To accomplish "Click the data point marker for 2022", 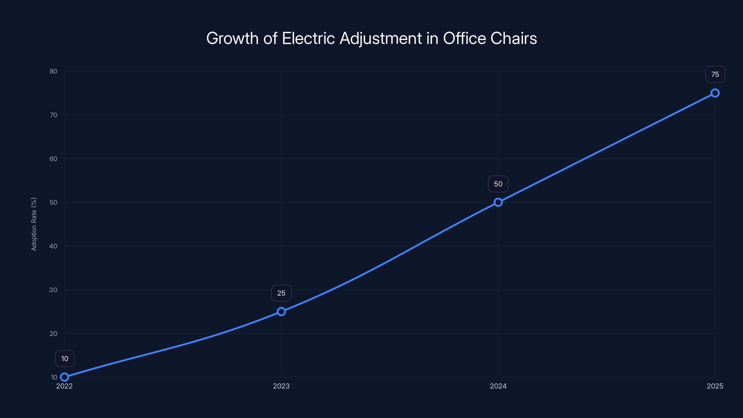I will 65,377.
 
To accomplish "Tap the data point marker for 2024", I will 498,202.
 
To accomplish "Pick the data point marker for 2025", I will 715,93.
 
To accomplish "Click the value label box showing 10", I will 65,359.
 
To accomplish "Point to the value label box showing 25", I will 281,293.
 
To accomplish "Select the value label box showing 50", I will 498,184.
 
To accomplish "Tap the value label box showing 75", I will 715,74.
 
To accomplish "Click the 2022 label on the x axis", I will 65,386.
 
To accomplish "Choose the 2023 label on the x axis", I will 281,386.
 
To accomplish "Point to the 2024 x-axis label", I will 498,386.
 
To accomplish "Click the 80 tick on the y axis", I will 53,71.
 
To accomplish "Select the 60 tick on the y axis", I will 53,159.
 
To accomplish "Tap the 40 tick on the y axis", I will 53,246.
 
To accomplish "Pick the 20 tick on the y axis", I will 53,333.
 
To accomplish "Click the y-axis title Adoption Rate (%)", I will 34,224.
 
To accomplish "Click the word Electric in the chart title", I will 308,38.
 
